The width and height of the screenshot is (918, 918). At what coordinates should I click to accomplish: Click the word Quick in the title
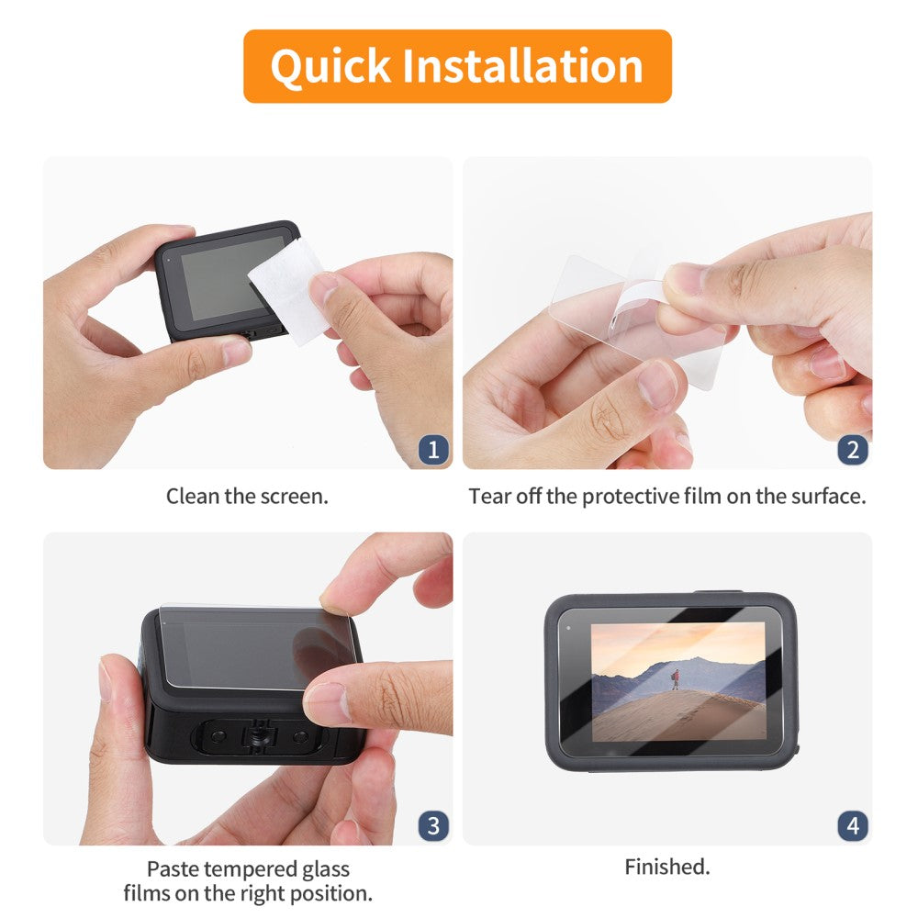point(330,67)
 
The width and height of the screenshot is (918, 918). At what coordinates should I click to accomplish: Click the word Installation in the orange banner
point(523,65)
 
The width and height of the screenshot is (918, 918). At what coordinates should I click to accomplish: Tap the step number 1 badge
point(433,450)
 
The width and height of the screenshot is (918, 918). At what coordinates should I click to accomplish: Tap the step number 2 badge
point(853,450)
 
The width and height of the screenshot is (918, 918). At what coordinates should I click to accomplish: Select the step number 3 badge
point(433,825)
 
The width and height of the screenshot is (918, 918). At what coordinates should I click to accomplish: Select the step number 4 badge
point(853,825)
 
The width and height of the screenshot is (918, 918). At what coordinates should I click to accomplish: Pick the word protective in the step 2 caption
point(631,497)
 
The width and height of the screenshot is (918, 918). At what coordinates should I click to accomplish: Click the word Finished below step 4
point(666,867)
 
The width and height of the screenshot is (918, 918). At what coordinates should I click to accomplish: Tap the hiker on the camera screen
point(676,679)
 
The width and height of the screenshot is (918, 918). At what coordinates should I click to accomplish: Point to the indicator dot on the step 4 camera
point(568,628)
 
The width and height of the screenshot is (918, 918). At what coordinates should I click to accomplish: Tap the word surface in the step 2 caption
point(828,497)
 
